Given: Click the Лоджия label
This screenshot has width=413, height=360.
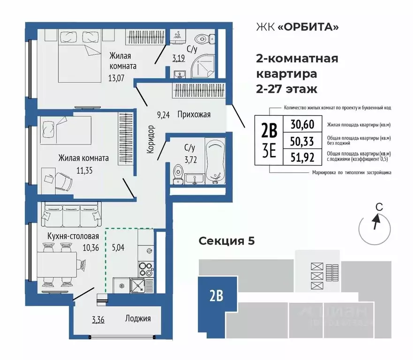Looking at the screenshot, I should pos(138,319).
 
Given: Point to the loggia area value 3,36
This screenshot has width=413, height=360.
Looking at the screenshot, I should pos(98,321).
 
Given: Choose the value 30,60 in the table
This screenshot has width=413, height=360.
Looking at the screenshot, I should pos(302,125).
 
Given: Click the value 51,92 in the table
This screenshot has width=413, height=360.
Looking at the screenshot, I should pos(302,157).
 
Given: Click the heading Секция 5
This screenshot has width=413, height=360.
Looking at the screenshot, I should pos(226,241).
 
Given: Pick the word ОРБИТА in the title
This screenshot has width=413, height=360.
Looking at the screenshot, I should pos(308,27).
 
